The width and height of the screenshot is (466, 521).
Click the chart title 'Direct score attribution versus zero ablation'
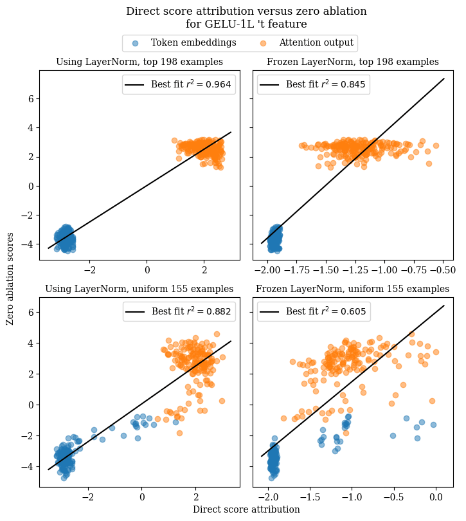click(246, 11)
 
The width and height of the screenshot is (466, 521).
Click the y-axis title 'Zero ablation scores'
click(10, 279)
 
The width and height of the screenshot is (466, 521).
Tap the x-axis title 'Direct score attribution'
click(246, 509)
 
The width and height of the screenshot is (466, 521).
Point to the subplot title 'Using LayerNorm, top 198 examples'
click(139, 62)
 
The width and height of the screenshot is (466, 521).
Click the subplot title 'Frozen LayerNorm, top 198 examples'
click(353, 62)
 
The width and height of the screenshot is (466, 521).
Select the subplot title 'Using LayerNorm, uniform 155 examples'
click(139, 289)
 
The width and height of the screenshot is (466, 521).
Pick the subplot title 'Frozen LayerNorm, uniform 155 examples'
click(353, 289)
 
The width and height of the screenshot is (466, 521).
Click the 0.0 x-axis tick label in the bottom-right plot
click(436, 497)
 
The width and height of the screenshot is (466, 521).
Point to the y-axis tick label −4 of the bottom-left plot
click(28, 466)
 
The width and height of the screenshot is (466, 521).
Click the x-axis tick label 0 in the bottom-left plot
click(142, 497)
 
